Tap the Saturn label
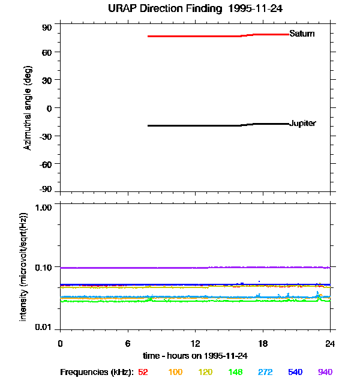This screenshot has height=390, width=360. (301, 34)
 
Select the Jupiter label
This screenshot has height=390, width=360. (302, 124)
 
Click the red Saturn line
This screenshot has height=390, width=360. (198, 36)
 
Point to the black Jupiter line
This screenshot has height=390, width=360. (198, 125)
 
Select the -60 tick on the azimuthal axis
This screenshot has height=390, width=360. (46, 163)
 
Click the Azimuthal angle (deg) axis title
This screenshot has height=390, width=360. (28, 108)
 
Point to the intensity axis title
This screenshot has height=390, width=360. (24, 266)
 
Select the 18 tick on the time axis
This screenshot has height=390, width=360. (262, 343)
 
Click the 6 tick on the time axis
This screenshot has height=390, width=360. (128, 343)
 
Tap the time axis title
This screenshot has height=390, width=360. (195, 355)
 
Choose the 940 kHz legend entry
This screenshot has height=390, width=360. (325, 372)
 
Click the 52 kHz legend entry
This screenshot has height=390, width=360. (143, 372)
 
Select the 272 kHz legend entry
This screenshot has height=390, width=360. (265, 372)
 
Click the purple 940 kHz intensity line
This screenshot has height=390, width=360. (180, 268)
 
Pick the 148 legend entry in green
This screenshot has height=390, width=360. (235, 372)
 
